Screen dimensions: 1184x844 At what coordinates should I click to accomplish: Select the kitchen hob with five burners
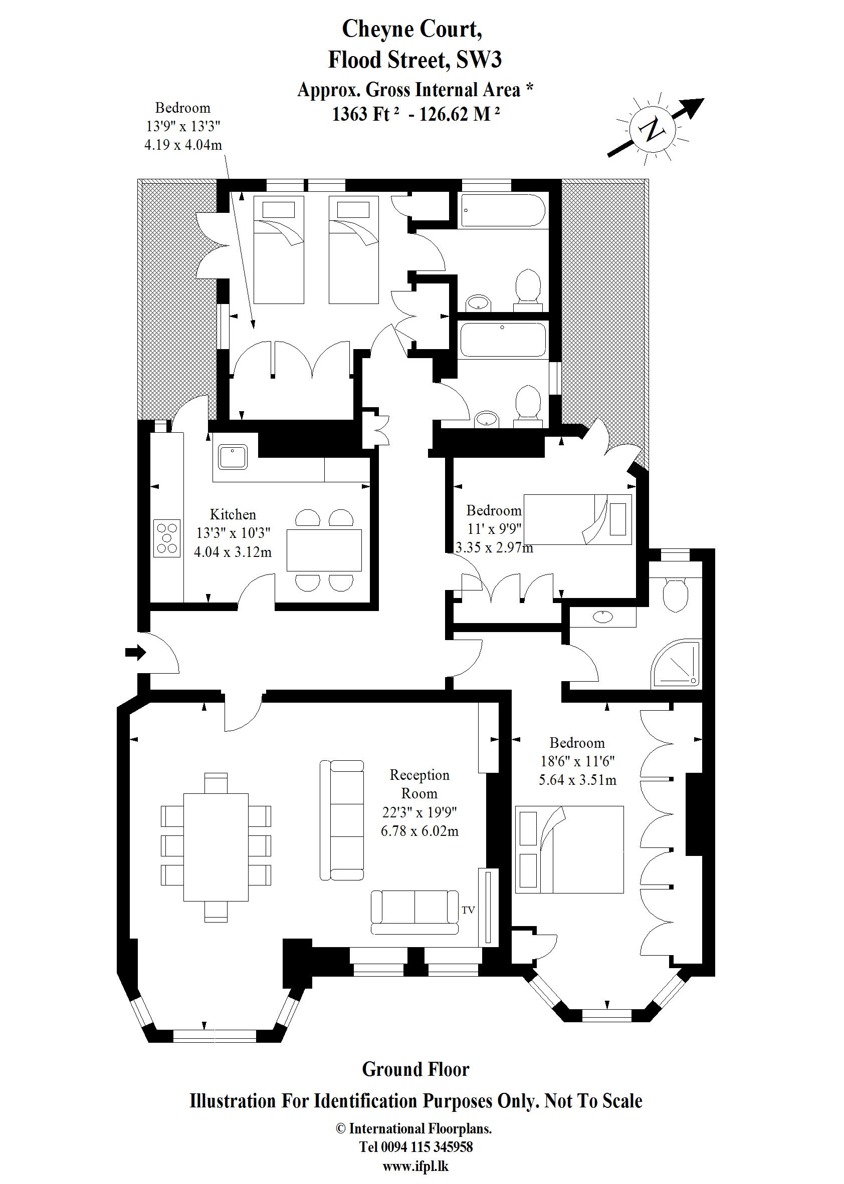click(x=167, y=538)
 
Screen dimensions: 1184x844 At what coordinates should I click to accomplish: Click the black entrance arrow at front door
click(x=135, y=652)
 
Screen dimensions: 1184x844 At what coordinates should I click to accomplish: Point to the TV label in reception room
click(x=468, y=911)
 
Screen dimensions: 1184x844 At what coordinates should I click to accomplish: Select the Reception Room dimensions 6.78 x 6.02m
click(x=419, y=831)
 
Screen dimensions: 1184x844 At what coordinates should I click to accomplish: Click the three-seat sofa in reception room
click(x=341, y=820)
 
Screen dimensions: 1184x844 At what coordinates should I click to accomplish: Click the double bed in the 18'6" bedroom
click(x=569, y=849)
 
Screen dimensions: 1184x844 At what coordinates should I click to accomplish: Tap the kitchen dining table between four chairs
click(x=324, y=550)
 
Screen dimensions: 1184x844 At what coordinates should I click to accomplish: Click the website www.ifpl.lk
click(x=415, y=1166)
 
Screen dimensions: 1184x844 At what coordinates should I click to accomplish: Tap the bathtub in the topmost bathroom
click(x=503, y=210)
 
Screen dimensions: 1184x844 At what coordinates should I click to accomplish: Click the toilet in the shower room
click(x=676, y=596)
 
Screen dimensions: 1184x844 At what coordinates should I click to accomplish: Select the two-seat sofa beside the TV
click(x=414, y=913)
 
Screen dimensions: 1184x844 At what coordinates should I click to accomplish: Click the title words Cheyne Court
click(x=411, y=29)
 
